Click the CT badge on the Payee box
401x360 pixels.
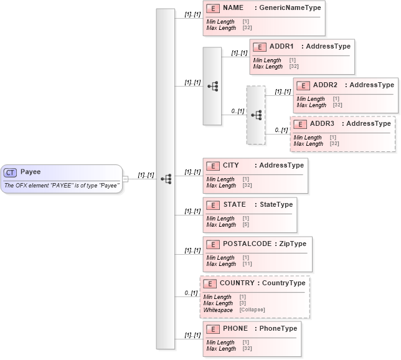(11, 173)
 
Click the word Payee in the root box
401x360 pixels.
(31, 172)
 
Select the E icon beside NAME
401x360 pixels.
(212, 9)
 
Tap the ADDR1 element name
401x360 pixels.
(281, 47)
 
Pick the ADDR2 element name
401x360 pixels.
(325, 85)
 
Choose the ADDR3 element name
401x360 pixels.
(322, 124)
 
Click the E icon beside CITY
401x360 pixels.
(212, 166)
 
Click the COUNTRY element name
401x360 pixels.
(237, 283)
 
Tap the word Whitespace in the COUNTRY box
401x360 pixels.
(218, 310)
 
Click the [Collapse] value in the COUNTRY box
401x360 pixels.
(252, 310)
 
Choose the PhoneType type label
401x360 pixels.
(278, 329)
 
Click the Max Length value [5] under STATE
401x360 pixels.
(245, 225)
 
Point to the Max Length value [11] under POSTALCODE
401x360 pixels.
(247, 264)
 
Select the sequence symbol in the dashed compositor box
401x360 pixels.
(256, 115)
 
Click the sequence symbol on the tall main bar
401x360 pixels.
(166, 179)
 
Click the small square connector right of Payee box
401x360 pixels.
(126, 179)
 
